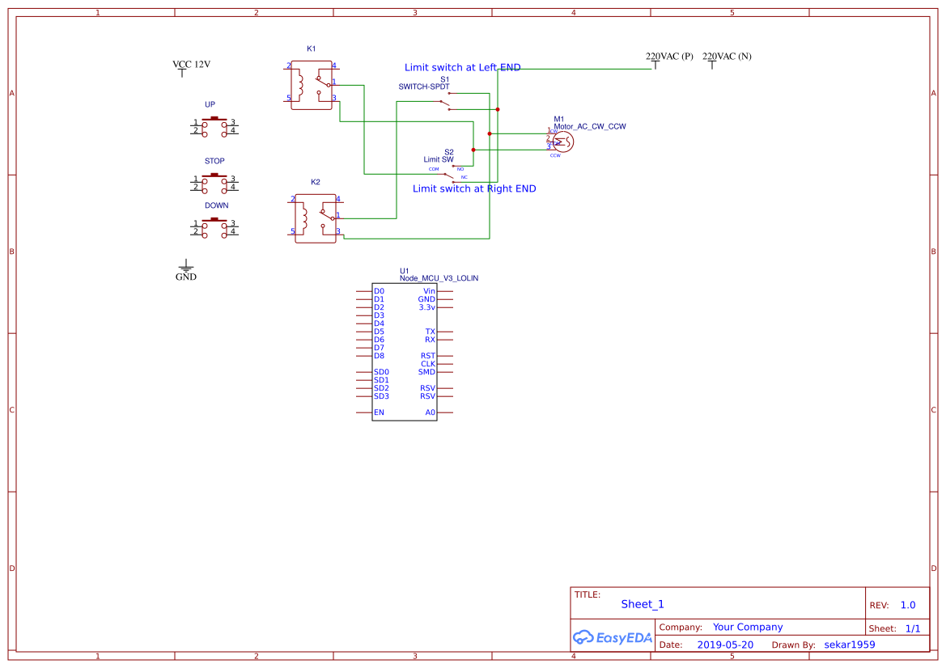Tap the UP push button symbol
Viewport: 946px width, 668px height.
[214, 127]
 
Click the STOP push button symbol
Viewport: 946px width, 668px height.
[214, 184]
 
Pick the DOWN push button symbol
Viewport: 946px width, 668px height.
[214, 228]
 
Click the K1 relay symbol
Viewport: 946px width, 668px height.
[312, 84]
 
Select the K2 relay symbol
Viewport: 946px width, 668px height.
[316, 218]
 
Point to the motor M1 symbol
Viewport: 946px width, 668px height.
[563, 142]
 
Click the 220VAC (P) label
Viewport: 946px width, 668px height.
[669, 57]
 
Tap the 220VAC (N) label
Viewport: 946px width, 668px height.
[727, 57]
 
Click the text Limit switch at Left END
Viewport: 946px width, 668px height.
[462, 67]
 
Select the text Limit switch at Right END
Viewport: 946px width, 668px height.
[474, 188]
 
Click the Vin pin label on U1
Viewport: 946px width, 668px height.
[429, 291]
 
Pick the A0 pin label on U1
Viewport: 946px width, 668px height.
[430, 412]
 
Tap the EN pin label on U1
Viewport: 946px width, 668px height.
[379, 412]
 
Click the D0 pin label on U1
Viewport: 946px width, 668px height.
[379, 291]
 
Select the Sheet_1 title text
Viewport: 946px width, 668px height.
[642, 604]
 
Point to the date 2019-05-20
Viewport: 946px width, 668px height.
[724, 645]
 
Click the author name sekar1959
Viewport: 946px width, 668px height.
[849, 645]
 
